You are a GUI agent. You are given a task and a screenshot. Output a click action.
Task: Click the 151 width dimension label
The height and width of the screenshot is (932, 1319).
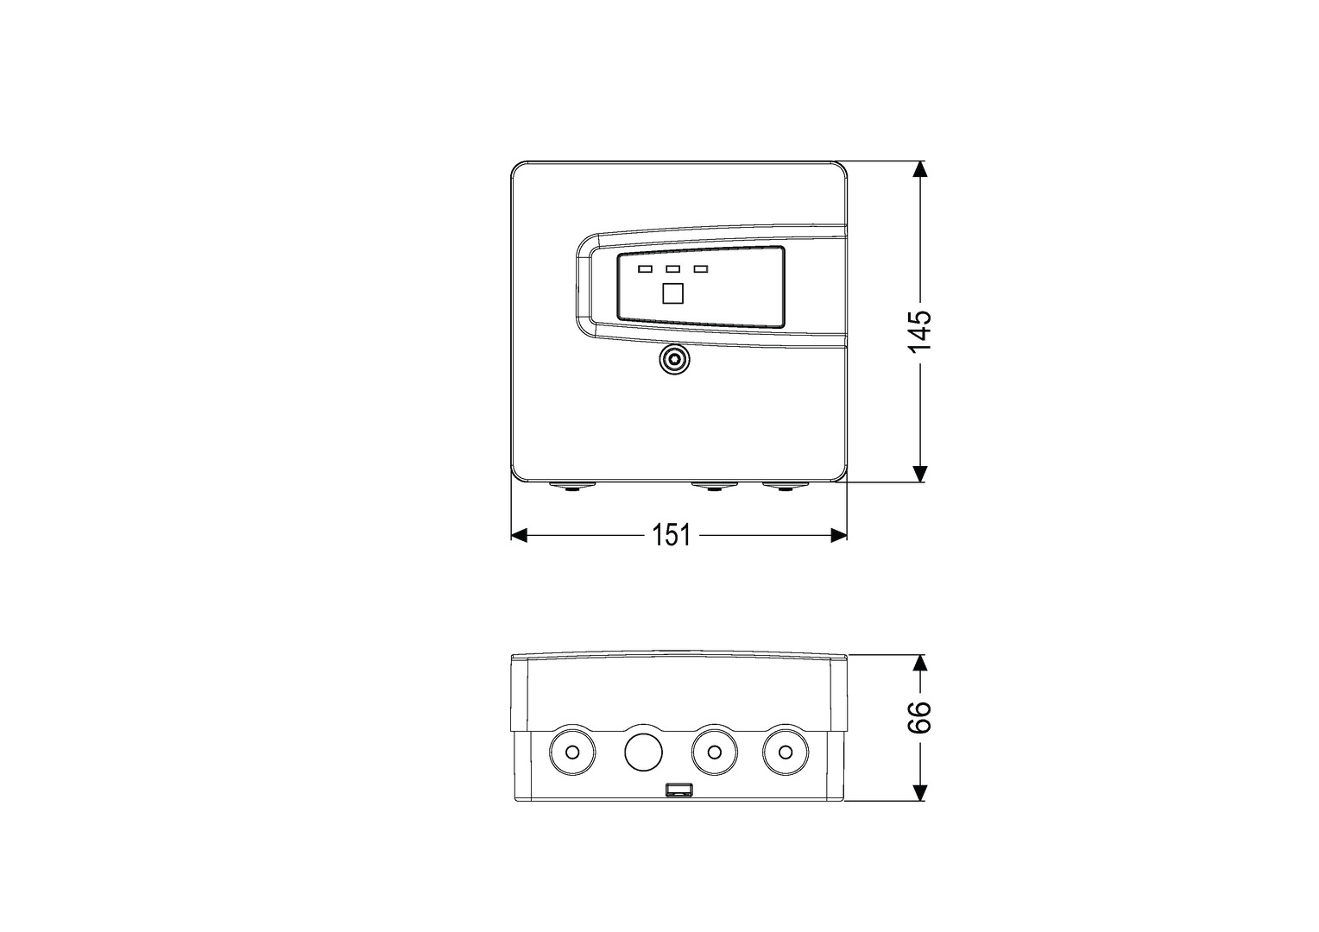[x=671, y=536]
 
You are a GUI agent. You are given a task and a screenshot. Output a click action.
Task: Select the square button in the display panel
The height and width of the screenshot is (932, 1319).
[x=673, y=293]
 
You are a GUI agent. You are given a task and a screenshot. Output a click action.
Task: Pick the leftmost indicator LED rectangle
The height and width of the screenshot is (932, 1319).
[x=645, y=269]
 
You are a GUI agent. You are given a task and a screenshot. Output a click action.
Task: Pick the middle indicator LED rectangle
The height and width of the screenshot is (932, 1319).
[x=673, y=269]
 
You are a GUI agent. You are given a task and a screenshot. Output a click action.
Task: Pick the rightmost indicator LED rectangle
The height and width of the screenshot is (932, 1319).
[x=701, y=269]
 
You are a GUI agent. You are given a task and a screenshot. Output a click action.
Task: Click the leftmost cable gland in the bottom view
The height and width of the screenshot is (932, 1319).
[x=571, y=752]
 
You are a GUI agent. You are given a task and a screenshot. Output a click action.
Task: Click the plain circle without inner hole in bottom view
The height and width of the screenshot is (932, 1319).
[x=642, y=752]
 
